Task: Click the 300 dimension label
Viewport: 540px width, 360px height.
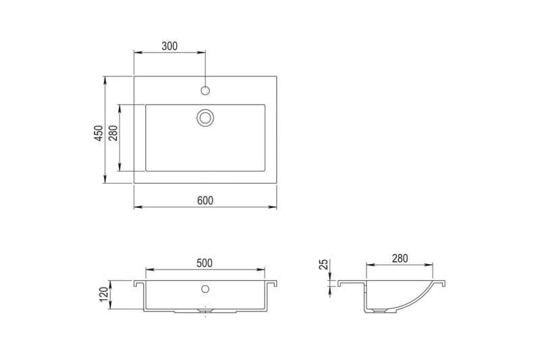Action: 170,46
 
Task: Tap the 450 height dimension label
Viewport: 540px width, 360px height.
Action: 99,133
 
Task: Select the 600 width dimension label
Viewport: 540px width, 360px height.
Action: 205,200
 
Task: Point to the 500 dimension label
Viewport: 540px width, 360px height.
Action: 205,263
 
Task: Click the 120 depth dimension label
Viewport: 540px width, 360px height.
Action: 104,294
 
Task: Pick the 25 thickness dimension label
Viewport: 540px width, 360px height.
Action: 325,264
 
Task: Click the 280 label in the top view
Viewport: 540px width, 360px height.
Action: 113,133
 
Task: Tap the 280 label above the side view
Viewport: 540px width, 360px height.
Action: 400,258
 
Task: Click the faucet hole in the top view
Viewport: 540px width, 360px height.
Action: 205,91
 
